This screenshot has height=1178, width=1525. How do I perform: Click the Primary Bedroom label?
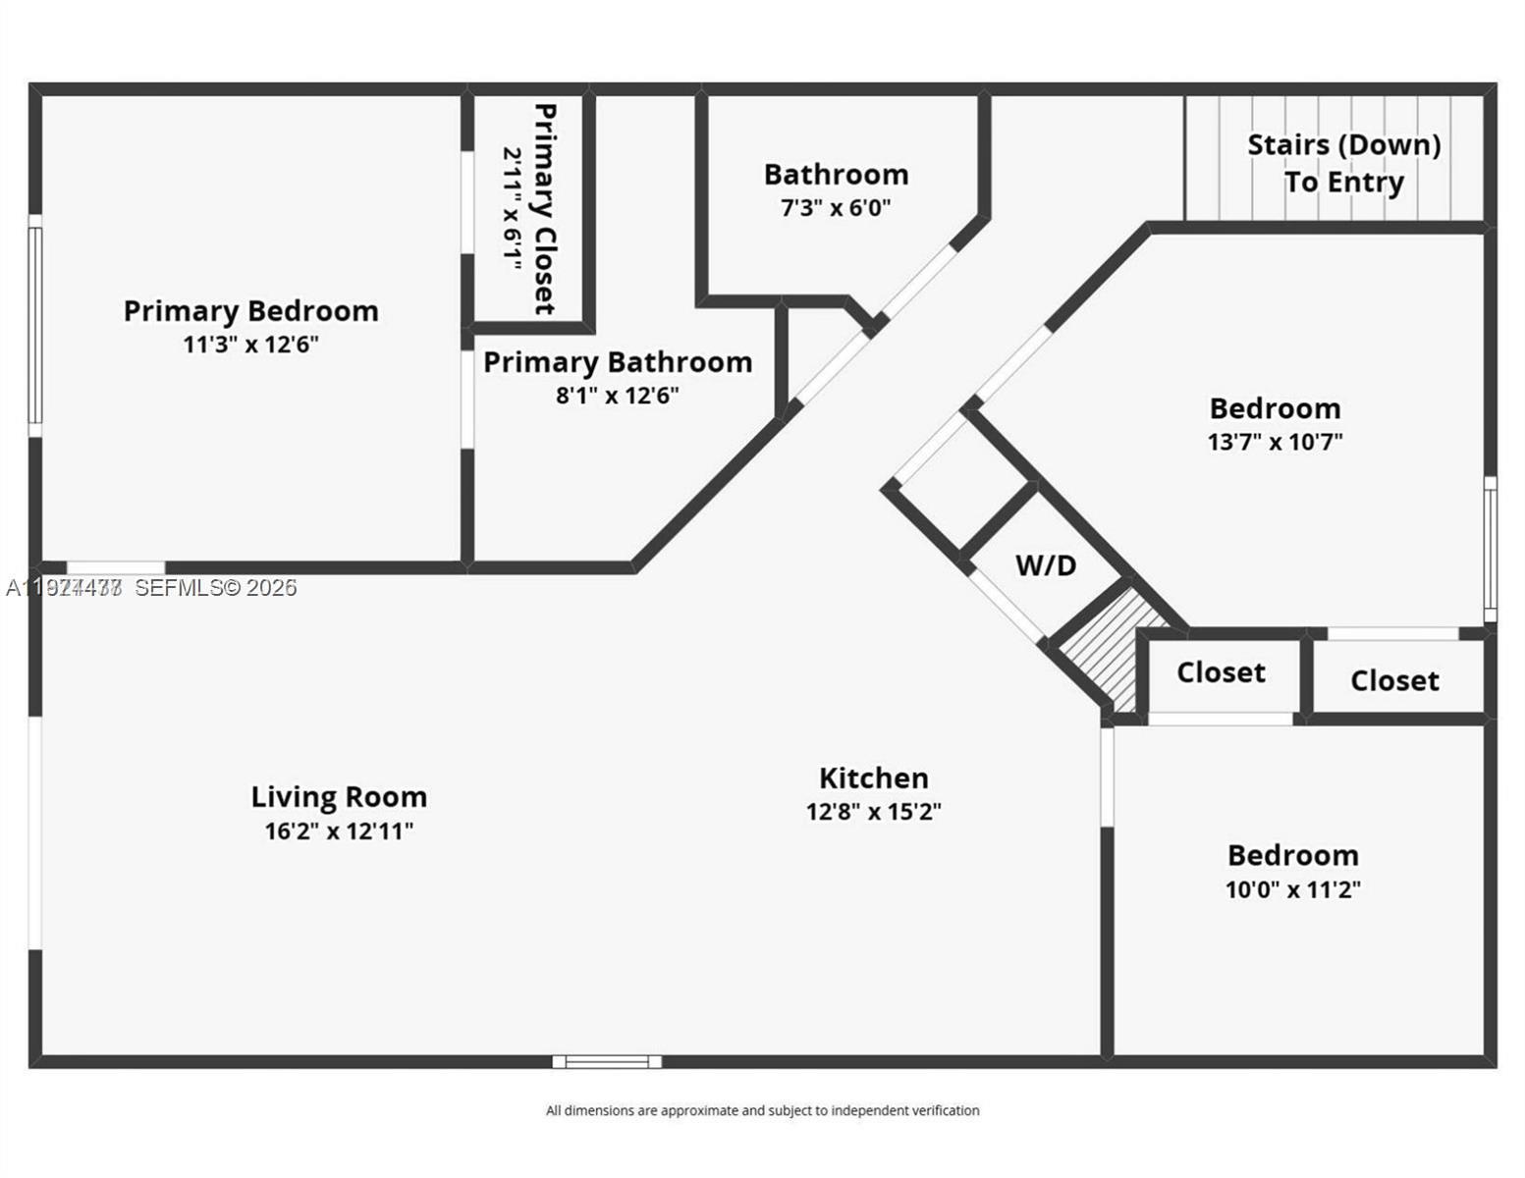(250, 311)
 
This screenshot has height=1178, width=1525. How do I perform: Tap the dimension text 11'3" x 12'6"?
(250, 345)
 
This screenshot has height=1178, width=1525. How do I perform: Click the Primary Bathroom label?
(617, 362)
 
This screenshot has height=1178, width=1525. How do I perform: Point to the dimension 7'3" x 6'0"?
(836, 208)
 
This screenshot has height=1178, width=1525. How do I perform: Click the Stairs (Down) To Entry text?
(1343, 163)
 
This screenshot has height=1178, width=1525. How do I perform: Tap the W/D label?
(1045, 565)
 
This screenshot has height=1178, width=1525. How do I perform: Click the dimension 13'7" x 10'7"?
(1275, 442)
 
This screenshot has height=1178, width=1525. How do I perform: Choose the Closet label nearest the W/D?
(1221, 672)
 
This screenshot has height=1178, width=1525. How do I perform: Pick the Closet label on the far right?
(1393, 680)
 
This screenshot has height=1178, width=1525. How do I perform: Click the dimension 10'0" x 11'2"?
(1292, 889)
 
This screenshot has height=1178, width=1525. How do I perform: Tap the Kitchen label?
(873, 778)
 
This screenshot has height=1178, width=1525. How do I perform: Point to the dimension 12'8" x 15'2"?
(873, 812)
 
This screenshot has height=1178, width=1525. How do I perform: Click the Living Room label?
(339, 797)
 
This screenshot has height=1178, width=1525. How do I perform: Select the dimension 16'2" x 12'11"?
(339, 831)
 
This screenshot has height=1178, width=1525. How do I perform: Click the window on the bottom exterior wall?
(607, 1061)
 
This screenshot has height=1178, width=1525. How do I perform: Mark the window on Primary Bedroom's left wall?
(35, 326)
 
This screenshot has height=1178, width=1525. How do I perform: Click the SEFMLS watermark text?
(215, 588)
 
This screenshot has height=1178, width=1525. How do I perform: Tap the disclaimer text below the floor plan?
(762, 1110)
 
